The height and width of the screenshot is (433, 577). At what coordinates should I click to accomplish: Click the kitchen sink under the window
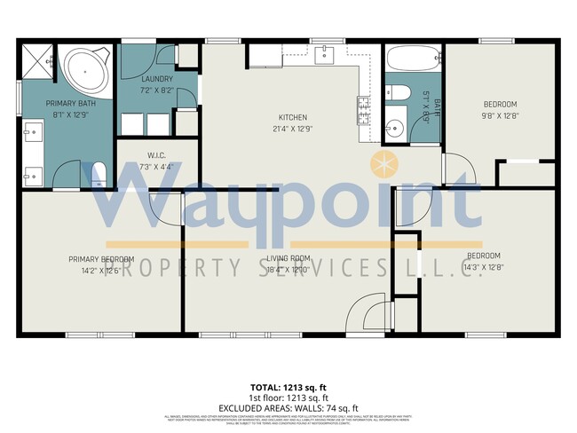(326, 55)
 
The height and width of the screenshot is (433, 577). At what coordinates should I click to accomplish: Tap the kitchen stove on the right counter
(364, 109)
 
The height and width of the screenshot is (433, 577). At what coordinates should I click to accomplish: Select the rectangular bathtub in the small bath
(412, 60)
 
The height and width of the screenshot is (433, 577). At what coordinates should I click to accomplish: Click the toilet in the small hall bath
(398, 92)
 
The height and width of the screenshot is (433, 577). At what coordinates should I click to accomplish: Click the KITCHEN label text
(292, 117)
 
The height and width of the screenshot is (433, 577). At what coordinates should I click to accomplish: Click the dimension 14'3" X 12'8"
(485, 266)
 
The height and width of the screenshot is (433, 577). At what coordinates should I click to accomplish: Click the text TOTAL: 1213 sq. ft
(288, 389)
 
